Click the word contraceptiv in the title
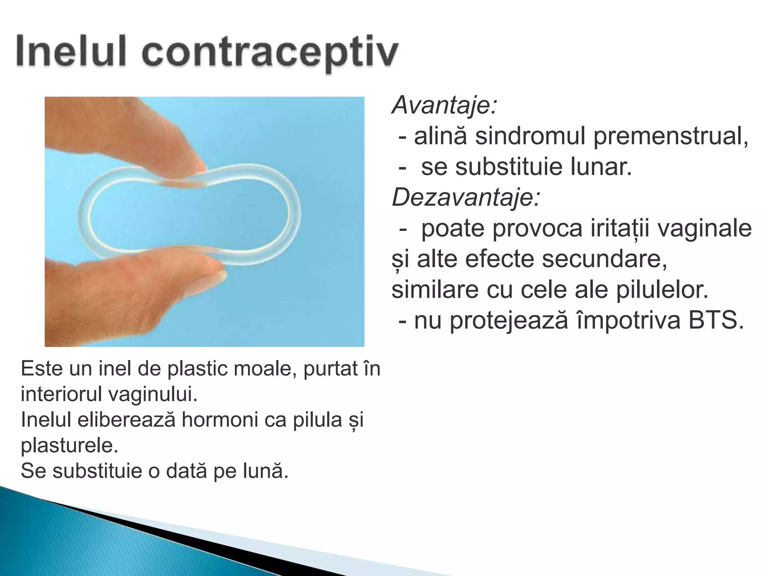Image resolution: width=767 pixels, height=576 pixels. pos(270,52)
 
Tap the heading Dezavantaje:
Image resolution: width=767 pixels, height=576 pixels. pos(466,197)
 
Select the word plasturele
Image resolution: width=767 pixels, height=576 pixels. pos(69,445)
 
